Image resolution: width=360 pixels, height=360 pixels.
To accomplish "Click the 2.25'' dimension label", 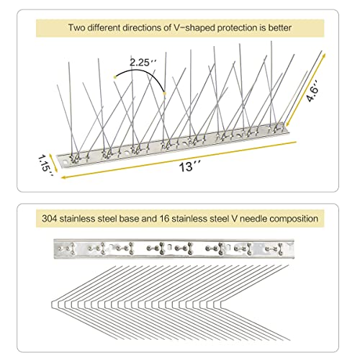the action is coord(143,63).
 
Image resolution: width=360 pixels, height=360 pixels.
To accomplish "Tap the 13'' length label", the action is coord(190,166).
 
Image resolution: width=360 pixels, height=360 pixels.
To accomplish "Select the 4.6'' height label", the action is coord(313,91).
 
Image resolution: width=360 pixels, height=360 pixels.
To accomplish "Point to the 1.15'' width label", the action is coord(45,166).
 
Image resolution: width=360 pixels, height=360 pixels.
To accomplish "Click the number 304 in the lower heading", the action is coord(50,219).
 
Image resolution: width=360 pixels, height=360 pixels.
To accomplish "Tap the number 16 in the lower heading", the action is coord(163,219).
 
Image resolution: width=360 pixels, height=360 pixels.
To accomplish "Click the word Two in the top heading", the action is coord(76,27).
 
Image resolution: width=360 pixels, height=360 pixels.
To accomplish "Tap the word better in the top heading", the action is coord(279,27).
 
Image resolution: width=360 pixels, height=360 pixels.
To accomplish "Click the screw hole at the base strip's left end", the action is coord(65,162).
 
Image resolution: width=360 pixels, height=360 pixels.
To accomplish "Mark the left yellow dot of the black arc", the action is coord(115,77).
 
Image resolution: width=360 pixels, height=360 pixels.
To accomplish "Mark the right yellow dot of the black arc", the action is coord(164,93).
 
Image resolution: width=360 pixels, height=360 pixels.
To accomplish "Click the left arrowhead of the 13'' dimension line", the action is coord(63,177).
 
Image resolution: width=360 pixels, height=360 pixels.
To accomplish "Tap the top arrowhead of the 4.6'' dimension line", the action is coord(324,56).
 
